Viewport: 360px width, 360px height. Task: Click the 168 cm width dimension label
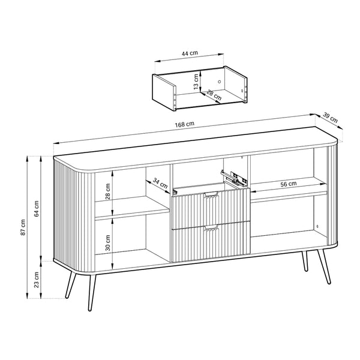pos(185,124)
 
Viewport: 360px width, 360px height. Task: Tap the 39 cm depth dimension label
pos(331,117)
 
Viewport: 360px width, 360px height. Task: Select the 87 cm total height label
pos(23,227)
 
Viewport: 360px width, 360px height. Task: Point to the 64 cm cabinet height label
pos(36,208)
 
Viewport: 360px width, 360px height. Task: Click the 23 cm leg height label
pos(36,280)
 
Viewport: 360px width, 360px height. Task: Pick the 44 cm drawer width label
pos(190,53)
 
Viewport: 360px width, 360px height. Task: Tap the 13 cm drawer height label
pos(196,82)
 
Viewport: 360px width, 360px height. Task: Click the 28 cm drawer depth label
pos(214,95)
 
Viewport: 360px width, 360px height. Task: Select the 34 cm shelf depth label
pos(160,183)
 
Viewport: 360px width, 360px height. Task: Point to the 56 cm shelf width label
pos(289,184)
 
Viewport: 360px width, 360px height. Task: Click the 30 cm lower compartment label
pos(108,242)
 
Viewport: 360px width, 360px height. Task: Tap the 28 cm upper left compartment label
pos(108,191)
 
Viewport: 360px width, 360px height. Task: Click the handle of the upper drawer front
pos(211,194)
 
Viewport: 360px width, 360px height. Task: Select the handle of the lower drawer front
pos(211,228)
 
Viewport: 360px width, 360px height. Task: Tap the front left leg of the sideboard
pos(92,292)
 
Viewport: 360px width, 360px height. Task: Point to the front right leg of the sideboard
pos(324,267)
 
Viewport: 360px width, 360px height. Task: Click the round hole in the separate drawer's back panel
pos(219,82)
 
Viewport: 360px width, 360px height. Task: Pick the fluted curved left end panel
pos(74,216)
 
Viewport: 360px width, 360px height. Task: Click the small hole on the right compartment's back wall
pos(317,226)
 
